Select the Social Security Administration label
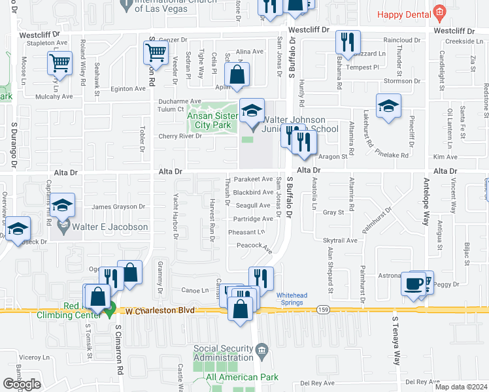click(223, 353)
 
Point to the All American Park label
click(242, 377)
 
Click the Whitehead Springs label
click(292, 299)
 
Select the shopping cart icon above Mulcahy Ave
click(59, 64)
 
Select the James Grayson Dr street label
click(115, 207)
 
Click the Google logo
click(22, 384)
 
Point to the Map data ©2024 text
click(460, 387)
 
